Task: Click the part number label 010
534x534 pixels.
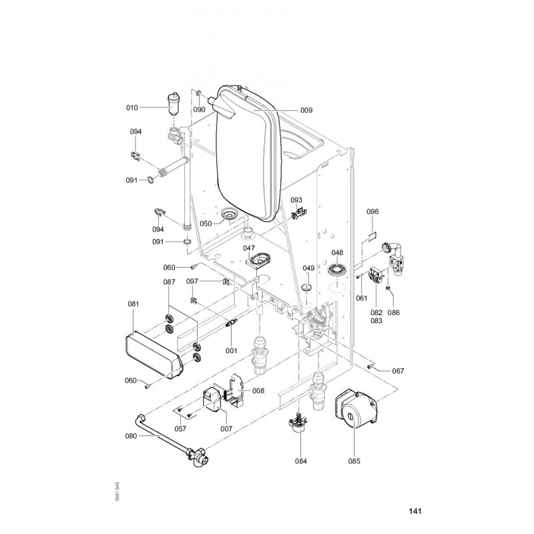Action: coord(131,107)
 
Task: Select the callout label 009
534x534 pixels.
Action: coord(306,111)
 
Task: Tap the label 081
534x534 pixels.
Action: coord(133,304)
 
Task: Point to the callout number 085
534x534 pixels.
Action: coord(354,460)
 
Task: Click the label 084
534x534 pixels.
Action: coord(302,460)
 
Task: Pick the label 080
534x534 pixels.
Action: coord(131,437)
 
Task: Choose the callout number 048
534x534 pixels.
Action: coord(338,253)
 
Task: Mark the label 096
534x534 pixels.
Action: coord(373,212)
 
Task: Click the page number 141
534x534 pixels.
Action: coord(415,512)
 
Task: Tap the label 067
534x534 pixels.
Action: coord(398,370)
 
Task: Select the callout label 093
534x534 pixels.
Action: coord(296,200)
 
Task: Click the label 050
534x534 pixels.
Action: coord(206,224)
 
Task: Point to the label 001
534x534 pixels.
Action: coord(232,350)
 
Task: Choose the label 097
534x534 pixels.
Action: coord(192,281)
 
